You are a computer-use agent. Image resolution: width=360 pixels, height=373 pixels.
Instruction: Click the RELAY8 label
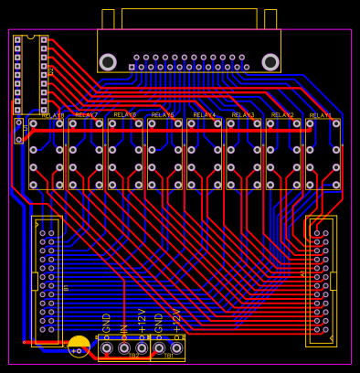tap(53, 116)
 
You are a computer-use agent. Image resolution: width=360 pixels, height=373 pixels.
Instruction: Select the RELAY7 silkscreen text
tap(87, 116)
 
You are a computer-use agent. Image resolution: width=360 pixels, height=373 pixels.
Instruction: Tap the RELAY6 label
tap(125, 116)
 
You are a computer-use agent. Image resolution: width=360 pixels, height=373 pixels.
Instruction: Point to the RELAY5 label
tap(163, 116)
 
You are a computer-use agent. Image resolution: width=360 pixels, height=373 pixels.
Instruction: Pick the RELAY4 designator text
tap(205, 116)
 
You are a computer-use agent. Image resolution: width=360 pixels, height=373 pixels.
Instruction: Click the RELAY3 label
tap(243, 116)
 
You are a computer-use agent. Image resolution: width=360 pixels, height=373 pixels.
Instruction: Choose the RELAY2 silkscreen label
tap(282, 116)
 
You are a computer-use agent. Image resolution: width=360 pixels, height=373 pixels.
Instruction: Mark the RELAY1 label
tap(321, 116)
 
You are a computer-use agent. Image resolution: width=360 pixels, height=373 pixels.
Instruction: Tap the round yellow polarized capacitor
tap(79, 346)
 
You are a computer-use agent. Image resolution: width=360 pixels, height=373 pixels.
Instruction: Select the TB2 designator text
tap(133, 357)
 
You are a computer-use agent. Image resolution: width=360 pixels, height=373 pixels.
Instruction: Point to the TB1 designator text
tap(168, 357)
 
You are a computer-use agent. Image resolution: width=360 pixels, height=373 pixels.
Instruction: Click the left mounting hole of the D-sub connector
tap(108, 62)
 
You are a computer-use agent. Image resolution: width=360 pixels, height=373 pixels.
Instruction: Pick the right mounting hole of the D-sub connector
tap(270, 62)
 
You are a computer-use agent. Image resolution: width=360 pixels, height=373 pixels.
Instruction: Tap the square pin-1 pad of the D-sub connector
tap(132, 67)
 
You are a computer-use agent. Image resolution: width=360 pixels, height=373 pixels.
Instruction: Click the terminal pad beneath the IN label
tap(124, 348)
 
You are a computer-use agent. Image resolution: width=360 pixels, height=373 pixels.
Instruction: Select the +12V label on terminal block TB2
tap(142, 322)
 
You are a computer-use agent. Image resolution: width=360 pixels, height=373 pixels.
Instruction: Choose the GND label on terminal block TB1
tap(159, 324)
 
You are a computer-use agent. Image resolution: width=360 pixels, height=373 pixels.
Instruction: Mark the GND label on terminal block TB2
tap(107, 324)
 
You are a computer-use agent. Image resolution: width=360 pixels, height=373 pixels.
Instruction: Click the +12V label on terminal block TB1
tap(176, 322)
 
